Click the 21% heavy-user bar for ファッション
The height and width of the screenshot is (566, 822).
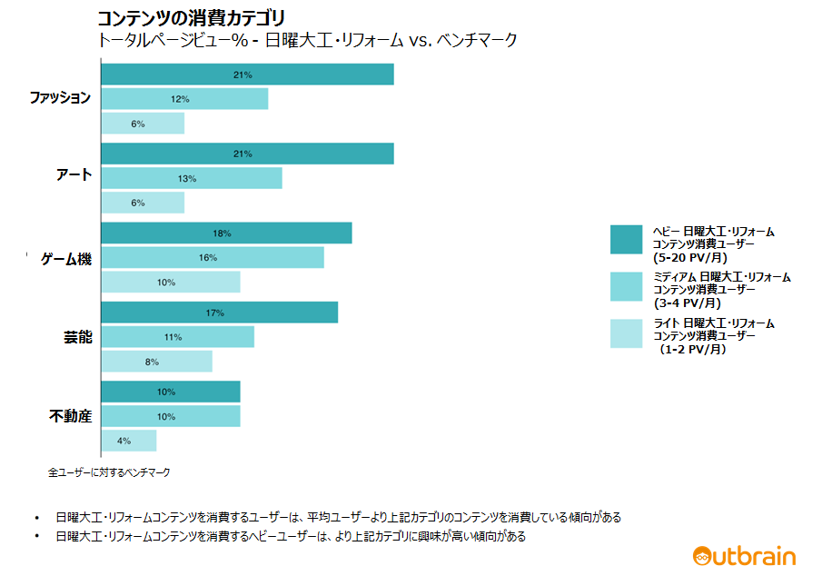click(247, 74)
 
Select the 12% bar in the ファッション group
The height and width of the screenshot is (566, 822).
click(184, 99)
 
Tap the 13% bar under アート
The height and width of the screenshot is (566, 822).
click(191, 178)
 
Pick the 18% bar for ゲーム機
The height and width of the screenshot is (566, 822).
click(226, 233)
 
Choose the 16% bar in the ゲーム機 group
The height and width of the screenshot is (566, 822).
click(212, 258)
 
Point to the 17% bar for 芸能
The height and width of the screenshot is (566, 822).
click(219, 313)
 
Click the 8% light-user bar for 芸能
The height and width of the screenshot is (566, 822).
click(156, 362)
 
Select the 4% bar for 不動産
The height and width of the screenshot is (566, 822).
click(128, 441)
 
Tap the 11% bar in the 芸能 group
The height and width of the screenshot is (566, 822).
click(177, 337)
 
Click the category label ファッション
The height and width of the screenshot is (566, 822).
click(60, 98)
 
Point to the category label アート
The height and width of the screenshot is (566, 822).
click(74, 174)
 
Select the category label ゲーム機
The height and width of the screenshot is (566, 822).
click(66, 259)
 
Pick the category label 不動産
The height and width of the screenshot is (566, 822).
click(70, 417)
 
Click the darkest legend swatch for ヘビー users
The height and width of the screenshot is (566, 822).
click(627, 239)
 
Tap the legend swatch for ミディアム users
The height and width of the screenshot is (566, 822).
click(627, 286)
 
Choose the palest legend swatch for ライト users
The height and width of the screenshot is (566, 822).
click(627, 333)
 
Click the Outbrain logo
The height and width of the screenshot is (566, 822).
click(744, 555)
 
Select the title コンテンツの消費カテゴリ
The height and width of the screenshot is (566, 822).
click(191, 18)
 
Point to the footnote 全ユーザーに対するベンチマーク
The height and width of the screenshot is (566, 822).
click(109, 472)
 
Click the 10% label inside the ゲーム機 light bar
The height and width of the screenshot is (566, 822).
click(166, 283)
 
